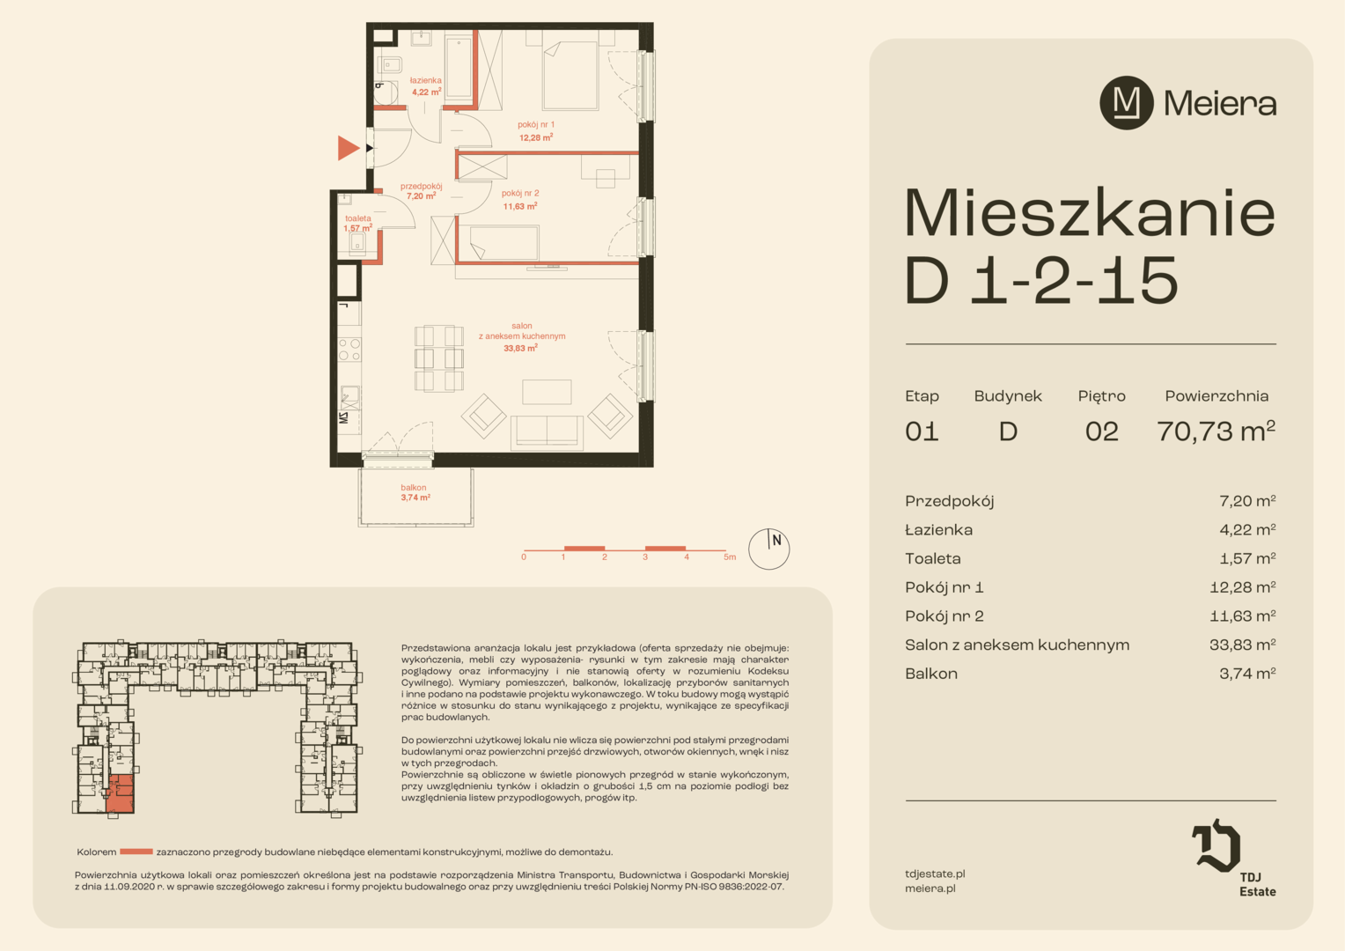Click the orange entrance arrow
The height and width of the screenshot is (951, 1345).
pyautogui.click(x=347, y=148)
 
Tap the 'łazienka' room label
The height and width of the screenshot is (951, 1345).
pyautogui.click(x=426, y=80)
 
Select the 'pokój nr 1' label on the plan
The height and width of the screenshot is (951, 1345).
pyautogui.click(x=535, y=125)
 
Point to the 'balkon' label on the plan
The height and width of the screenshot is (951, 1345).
pyautogui.click(x=413, y=487)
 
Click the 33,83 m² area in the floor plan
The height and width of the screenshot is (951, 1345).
pyautogui.click(x=520, y=348)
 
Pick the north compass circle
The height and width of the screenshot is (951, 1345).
pyautogui.click(x=768, y=549)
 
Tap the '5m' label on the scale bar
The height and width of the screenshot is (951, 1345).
pyautogui.click(x=730, y=557)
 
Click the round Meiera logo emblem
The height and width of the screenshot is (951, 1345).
pyautogui.click(x=1127, y=103)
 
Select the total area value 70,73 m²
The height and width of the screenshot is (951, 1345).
pyautogui.click(x=1216, y=431)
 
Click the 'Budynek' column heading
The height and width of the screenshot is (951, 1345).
pyautogui.click(x=1008, y=396)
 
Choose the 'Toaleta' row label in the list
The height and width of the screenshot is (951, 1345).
pyautogui.click(x=932, y=558)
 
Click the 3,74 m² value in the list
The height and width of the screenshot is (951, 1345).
pyautogui.click(x=1247, y=674)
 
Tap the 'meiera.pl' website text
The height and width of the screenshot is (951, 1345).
pyautogui.click(x=930, y=888)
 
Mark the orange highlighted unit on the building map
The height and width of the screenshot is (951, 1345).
pyautogui.click(x=120, y=793)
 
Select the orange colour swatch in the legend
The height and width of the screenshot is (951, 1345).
pyautogui.click(x=136, y=851)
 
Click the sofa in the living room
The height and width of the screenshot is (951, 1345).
pyautogui.click(x=547, y=432)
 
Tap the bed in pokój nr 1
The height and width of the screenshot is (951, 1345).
pyautogui.click(x=570, y=75)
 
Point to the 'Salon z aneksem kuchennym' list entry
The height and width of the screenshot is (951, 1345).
pyautogui.click(x=1018, y=645)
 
